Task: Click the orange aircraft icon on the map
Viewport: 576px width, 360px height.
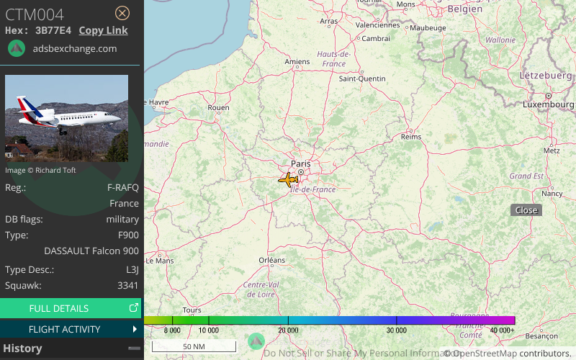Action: [289, 179]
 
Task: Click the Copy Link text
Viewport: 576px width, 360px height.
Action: [103, 30]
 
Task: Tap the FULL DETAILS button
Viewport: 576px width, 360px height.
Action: [71, 308]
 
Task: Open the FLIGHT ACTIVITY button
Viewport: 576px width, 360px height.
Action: [71, 329]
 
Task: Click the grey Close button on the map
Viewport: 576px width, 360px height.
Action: [526, 210]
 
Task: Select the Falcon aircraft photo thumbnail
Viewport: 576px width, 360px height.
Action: [66, 119]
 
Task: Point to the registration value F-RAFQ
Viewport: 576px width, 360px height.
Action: [122, 187]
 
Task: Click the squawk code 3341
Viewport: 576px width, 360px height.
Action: [128, 286]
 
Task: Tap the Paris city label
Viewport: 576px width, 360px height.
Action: [301, 163]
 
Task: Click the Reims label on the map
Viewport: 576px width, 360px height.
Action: [410, 136]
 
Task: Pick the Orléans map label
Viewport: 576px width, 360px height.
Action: [272, 260]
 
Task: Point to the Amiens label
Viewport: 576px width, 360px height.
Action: [297, 62]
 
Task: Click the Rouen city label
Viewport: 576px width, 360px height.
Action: [218, 108]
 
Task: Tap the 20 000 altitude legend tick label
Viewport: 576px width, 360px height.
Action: [289, 330]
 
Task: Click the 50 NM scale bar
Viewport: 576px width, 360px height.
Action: [194, 346]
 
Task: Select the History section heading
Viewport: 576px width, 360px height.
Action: [23, 348]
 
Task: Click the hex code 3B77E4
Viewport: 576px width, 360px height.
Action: [53, 30]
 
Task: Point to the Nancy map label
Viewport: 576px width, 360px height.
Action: [552, 193]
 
